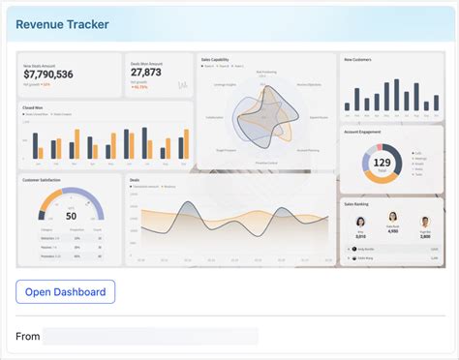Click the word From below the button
(28, 336)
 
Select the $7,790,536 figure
(47, 74)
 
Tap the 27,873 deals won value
(146, 73)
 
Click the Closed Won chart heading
(32, 107)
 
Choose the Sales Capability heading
(216, 59)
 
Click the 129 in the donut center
(382, 163)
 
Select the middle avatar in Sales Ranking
(392, 219)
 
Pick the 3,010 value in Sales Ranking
(360, 236)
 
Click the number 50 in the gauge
(71, 215)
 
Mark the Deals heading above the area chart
(136, 179)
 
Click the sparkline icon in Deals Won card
(182, 85)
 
